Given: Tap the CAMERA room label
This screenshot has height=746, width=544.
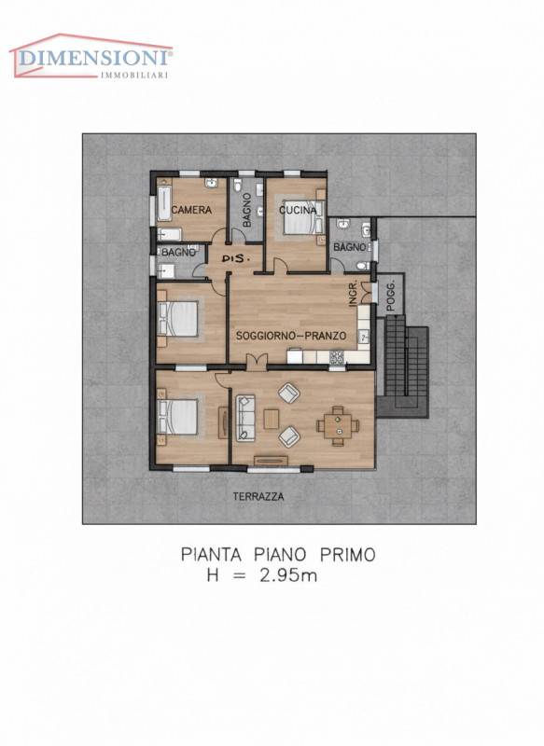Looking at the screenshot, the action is (191, 210).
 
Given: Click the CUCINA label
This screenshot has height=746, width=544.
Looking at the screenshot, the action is (298, 210).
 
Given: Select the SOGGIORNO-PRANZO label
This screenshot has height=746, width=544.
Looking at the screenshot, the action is (291, 336).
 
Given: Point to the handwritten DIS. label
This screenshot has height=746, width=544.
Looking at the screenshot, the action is (236, 258).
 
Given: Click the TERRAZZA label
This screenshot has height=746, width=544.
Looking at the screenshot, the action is (258, 497).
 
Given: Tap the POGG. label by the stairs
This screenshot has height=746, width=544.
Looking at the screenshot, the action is (391, 297).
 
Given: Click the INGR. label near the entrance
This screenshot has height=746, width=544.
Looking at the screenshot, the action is (353, 294).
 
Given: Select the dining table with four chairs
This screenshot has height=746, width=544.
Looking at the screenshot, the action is (338, 425).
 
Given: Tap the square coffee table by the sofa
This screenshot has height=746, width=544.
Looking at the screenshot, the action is (272, 419).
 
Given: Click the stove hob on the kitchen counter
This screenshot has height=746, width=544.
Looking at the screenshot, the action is (337, 357).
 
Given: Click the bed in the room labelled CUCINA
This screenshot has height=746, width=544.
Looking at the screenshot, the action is (303, 217).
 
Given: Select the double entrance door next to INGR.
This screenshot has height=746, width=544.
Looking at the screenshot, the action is (366, 292).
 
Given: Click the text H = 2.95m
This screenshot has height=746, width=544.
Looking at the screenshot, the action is (262, 575).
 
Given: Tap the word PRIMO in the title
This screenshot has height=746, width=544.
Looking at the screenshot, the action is (348, 555).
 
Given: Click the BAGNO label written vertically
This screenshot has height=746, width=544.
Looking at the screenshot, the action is (247, 210).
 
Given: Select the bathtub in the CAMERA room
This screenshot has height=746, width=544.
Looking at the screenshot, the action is (164, 203).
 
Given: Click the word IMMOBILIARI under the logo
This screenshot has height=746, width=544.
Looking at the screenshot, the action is (134, 75).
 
